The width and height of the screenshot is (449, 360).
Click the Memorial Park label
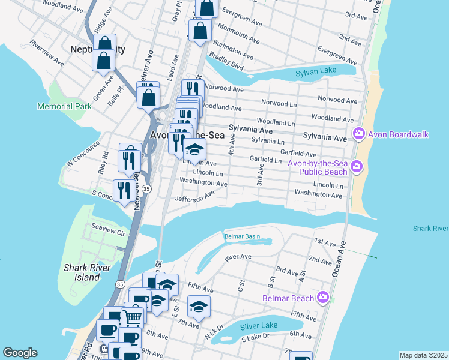[x=64, y=106]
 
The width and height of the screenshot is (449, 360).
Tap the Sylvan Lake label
[x=318, y=73]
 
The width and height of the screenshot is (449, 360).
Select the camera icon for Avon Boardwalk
[x=359, y=134]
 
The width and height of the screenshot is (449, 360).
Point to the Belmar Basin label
[x=242, y=236]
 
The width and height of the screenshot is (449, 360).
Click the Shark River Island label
[x=82, y=272]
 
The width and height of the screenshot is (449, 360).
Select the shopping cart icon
[x=133, y=317]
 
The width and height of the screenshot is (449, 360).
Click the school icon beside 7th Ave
[x=199, y=307]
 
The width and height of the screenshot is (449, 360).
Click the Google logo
[x=20, y=353]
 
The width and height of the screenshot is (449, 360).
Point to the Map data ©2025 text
[x=423, y=355]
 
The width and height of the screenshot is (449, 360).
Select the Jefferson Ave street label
[x=194, y=196]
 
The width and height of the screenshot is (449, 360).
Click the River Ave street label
[x=237, y=257]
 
